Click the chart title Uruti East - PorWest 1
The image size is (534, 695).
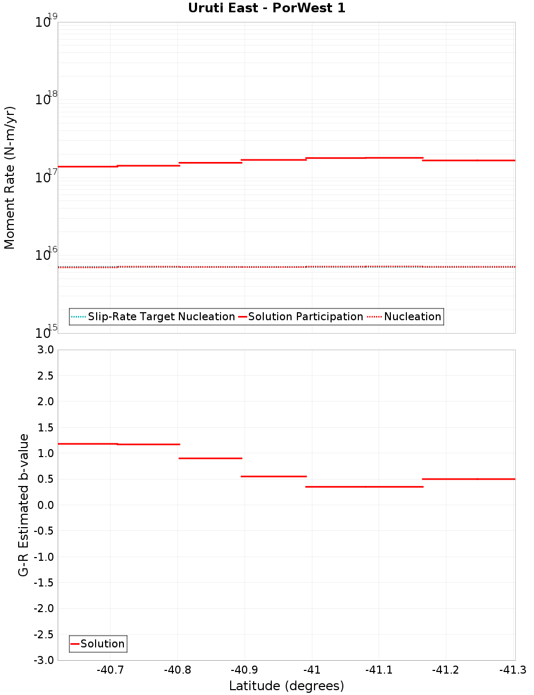[x=266, y=8]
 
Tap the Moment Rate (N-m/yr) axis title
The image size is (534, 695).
[x=10, y=177]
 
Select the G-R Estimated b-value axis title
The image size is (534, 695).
[x=23, y=505]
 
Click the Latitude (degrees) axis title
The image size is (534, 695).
[x=286, y=686]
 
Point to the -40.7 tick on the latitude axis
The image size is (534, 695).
[x=111, y=670]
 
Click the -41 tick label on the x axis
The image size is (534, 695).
[x=312, y=670]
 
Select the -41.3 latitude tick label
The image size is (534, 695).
[x=513, y=670]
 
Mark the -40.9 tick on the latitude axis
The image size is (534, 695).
[x=245, y=670]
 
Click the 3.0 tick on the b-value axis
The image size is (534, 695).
[x=44, y=350]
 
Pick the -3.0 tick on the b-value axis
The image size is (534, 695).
[x=43, y=660]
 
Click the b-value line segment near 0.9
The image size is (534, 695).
[x=210, y=458]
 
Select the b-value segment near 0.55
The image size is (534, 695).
[x=273, y=476]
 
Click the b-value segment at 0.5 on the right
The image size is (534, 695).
[x=468, y=479]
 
